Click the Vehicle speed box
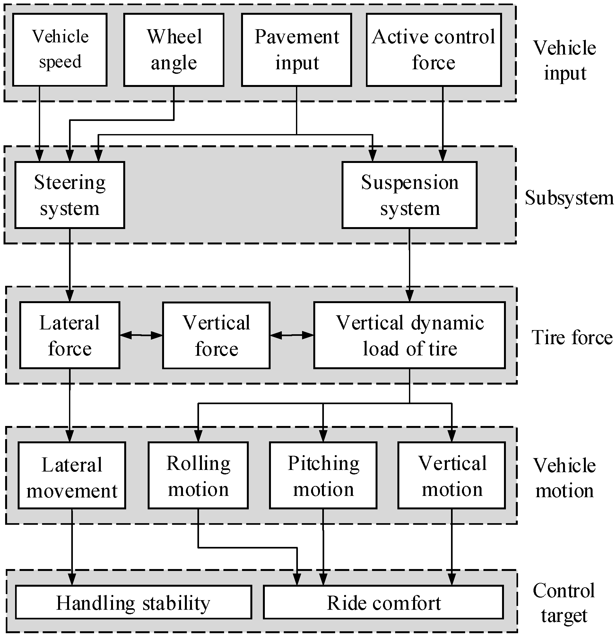[x=60, y=49]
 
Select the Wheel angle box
[x=174, y=49]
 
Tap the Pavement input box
[x=296, y=49]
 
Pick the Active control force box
[x=434, y=49]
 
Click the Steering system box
[x=70, y=195]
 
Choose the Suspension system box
[x=410, y=195]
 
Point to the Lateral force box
[x=70, y=335]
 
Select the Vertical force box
[x=216, y=335]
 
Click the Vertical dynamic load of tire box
[x=410, y=335]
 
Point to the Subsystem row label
[x=569, y=198]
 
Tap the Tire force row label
[x=572, y=337]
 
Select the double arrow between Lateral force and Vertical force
[x=141, y=335]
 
